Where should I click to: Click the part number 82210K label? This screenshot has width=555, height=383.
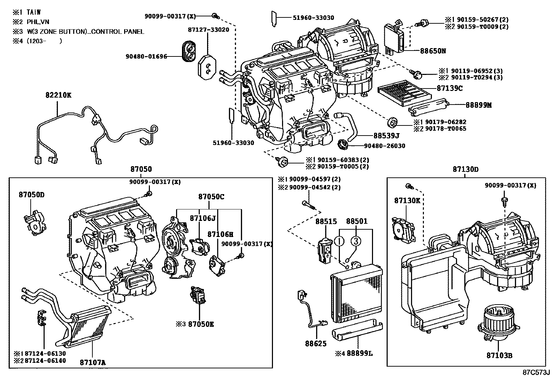pyautogui.click(x=58, y=95)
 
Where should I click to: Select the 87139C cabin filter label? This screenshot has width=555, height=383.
pyautogui.click(x=449, y=89)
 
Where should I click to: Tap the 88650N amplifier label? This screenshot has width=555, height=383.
pyautogui.click(x=433, y=51)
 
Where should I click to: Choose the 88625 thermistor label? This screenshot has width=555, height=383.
pyautogui.click(x=316, y=344)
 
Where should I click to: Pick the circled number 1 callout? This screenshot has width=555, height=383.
pyautogui.click(x=339, y=240)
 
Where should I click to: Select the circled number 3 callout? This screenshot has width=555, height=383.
pyautogui.click(x=355, y=240)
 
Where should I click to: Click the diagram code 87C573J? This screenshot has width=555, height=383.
pyautogui.click(x=536, y=372)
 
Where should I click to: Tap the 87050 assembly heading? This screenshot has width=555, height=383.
pyautogui.click(x=141, y=169)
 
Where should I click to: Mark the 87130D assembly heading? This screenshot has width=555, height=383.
pyautogui.click(x=465, y=169)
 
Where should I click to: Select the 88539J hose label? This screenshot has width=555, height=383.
pyautogui.click(x=386, y=136)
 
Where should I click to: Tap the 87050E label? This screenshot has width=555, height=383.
pyautogui.click(x=201, y=324)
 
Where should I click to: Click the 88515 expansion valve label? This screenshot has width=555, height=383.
pyautogui.click(x=326, y=221)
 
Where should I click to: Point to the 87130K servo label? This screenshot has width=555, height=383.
pyautogui.click(x=407, y=201)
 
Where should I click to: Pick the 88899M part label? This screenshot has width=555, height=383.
pyautogui.click(x=479, y=105)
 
